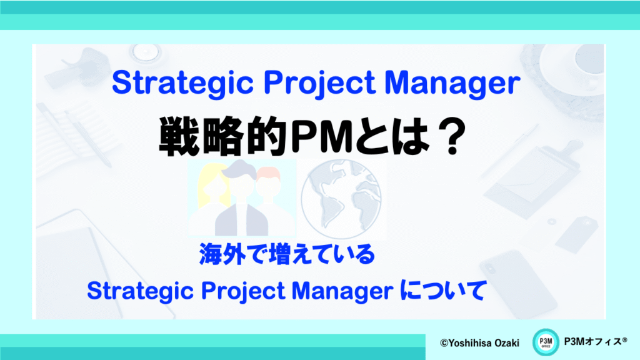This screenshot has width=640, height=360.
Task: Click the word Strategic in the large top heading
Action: pyautogui.click(x=183, y=83)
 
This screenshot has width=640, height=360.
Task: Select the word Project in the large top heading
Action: pyautogui.click(x=319, y=83)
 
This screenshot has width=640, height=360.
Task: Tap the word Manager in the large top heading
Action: pyautogui.click(x=452, y=83)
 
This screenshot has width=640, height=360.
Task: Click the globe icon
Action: pyautogui.click(x=341, y=199)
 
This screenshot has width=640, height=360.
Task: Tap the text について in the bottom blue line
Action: pyautogui.click(x=443, y=290)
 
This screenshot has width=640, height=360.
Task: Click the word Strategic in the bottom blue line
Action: pyautogui.click(x=140, y=291)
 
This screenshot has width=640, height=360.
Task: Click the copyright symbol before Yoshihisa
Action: pyautogui.click(x=444, y=343)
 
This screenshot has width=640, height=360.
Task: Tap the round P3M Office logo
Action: pyautogui.click(x=546, y=342)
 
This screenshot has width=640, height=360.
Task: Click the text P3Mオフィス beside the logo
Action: pyautogui.click(x=592, y=342)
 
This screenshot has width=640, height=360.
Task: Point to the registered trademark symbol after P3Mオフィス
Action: pyautogui.click(x=624, y=339)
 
